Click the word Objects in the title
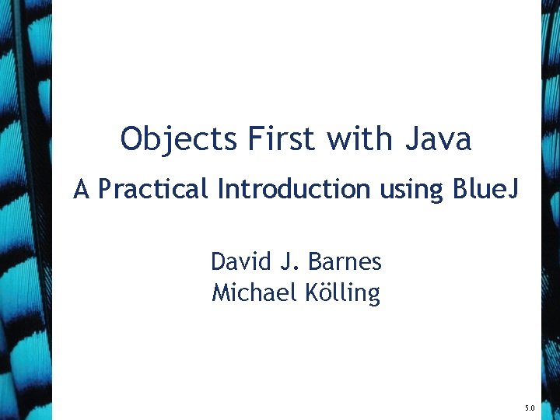pos(179,139)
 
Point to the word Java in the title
pos(438,139)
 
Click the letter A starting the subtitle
pos(82,189)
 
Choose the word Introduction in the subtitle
pos(294,189)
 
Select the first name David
pos(240,261)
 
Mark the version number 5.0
pos(530,408)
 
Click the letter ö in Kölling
pos(329,294)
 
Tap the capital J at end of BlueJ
pos(512,189)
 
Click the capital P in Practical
pos(105,189)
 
